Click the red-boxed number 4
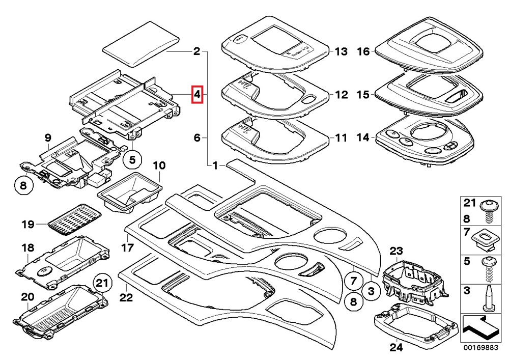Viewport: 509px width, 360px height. tap(197, 94)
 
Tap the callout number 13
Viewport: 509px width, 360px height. tap(341, 51)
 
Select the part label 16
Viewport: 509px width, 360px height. tap(362, 51)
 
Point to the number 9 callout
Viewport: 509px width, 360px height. tap(48, 137)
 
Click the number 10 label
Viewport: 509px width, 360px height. tap(159, 165)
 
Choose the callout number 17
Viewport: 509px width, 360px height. tap(127, 248)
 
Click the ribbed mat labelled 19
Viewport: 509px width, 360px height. tap(73, 220)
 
